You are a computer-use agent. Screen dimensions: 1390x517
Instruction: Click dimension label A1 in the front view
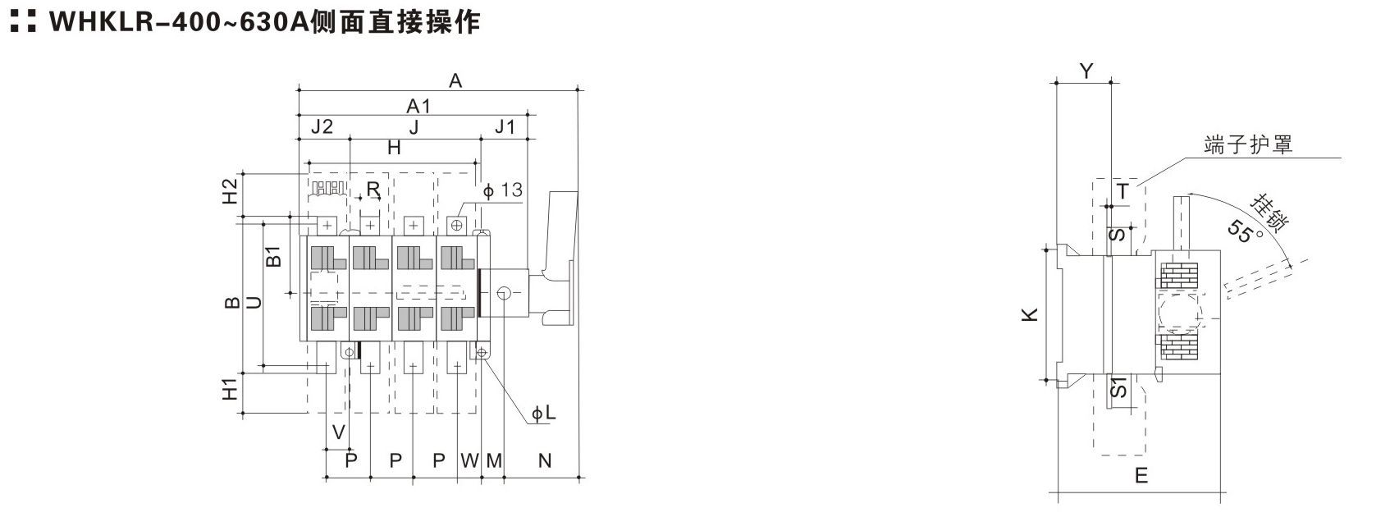point(418,106)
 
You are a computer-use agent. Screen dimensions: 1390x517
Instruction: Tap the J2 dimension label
point(322,126)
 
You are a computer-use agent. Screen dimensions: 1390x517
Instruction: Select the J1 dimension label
point(505,127)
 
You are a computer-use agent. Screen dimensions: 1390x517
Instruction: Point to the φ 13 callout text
point(503,190)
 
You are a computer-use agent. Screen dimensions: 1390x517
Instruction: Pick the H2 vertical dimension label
point(231,191)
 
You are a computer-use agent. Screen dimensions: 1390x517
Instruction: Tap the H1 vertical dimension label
point(231,389)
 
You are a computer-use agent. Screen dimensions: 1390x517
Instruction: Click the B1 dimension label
point(274,256)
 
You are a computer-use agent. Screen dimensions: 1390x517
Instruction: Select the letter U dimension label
point(254,302)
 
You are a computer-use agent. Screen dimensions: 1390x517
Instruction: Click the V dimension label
point(339,432)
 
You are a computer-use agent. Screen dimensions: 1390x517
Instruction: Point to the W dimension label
point(469,460)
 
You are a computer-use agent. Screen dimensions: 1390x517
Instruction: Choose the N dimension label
point(545,460)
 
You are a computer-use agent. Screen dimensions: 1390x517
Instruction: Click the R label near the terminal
point(373,189)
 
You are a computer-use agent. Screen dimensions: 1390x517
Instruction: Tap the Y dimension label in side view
point(1086,71)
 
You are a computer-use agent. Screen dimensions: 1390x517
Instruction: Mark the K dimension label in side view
point(1030,314)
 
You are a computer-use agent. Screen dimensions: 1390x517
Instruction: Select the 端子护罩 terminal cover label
point(1248,144)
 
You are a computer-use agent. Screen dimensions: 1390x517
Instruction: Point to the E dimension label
point(1141,475)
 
